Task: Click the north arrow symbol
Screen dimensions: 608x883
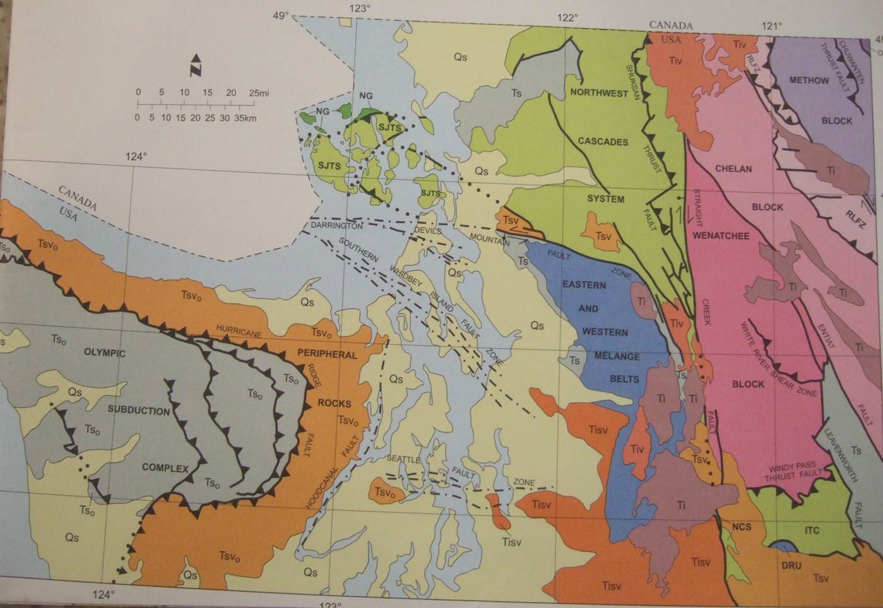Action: click(196, 65)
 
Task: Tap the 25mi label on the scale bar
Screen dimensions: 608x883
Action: click(258, 93)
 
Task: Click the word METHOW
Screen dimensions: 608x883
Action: click(809, 80)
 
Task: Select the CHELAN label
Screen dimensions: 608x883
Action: click(733, 169)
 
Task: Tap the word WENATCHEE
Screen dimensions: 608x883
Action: click(721, 236)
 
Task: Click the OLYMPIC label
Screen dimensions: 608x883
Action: click(105, 353)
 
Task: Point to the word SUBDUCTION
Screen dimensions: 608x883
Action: click(138, 410)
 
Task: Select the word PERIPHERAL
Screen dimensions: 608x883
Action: click(327, 355)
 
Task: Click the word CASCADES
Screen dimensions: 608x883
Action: click(603, 142)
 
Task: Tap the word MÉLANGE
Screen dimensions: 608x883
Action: click(617, 357)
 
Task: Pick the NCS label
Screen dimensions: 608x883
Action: click(742, 527)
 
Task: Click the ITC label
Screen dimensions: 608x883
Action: click(812, 530)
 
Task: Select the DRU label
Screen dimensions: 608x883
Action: click(791, 566)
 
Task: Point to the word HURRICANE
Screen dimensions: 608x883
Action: click(239, 329)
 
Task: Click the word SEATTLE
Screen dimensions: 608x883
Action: click(403, 460)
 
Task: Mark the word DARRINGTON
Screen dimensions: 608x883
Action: click(336, 225)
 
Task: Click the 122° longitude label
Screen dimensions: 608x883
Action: click(567, 18)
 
